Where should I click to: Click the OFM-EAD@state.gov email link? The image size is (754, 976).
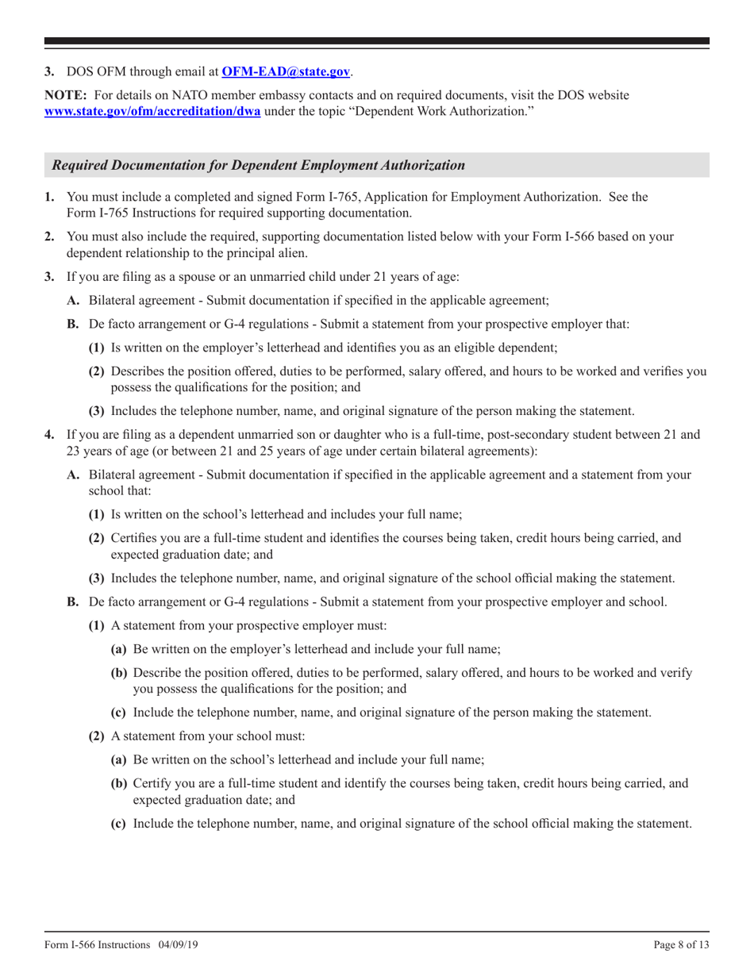287,72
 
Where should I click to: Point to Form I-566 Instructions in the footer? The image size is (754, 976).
97,946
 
